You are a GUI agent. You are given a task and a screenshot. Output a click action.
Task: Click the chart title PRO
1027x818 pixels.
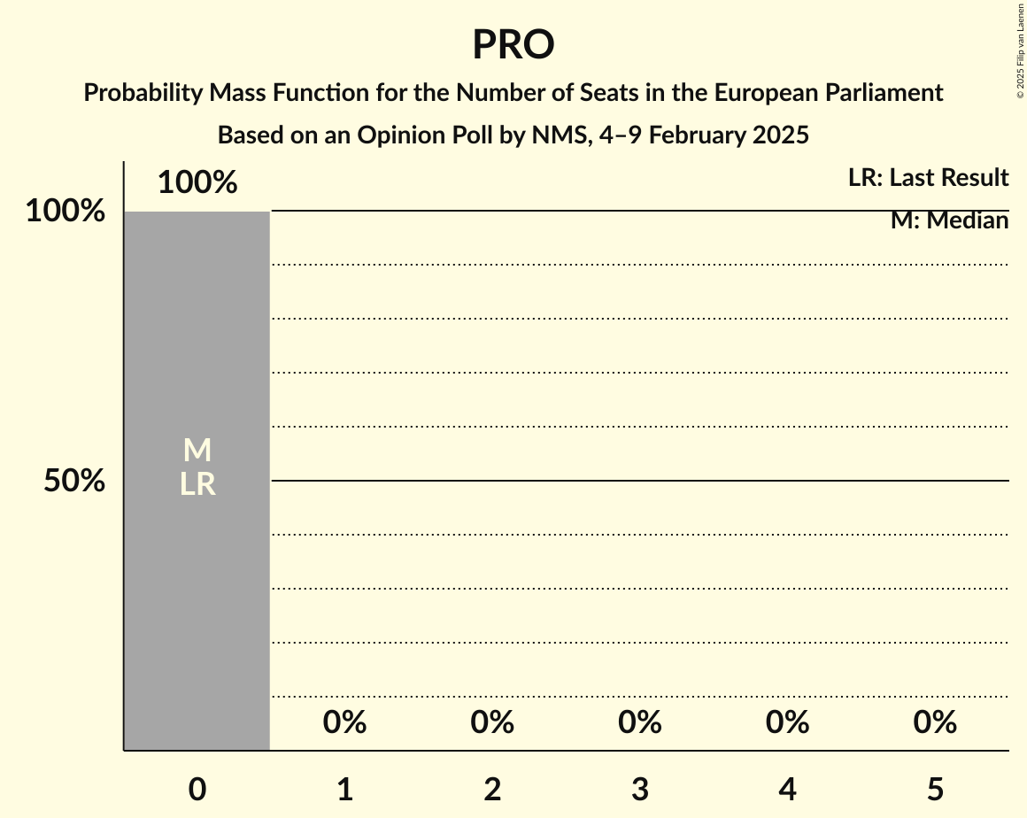[513, 45]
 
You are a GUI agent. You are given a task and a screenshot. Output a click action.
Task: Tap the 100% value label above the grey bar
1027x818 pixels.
[197, 182]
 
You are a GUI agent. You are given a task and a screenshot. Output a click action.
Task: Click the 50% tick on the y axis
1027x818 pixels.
[74, 481]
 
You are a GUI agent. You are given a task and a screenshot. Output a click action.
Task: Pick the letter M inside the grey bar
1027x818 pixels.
[197, 451]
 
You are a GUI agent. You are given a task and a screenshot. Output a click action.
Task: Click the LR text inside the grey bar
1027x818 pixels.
[197, 484]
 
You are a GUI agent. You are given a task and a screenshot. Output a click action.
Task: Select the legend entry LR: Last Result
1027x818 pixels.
[928, 178]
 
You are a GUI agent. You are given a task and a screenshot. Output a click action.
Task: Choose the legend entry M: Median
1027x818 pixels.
[949, 220]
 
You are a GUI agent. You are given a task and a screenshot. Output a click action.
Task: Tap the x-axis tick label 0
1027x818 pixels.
[197, 789]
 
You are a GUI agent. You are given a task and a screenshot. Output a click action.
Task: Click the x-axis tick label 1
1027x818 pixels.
[345, 789]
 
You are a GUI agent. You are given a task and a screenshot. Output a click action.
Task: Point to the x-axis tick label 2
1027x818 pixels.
[492, 789]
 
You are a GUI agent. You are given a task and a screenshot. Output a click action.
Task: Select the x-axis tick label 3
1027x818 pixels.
[640, 789]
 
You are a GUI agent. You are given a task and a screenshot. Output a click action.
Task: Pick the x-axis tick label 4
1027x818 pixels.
[788, 789]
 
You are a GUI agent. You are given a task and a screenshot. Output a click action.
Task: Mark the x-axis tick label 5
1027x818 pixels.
[935, 789]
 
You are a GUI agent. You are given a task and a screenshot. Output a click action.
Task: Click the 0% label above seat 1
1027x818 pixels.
[345, 722]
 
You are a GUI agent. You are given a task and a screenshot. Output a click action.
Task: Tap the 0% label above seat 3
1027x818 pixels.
[640, 722]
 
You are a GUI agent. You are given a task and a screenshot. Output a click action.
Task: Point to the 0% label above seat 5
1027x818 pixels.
[935, 722]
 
